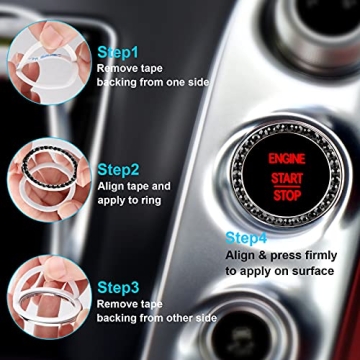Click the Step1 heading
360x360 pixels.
point(119,50)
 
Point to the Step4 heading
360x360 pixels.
point(246,237)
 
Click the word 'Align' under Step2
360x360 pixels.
point(112,186)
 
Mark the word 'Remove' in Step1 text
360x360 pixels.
point(116,68)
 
